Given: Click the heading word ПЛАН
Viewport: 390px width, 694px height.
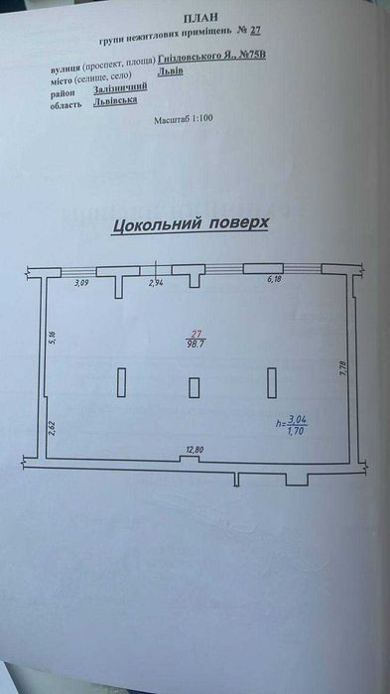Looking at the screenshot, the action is click(202, 18).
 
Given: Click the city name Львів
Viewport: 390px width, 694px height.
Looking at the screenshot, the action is click(171, 71).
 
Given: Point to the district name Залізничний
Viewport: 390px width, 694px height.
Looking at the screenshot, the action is click(120, 87).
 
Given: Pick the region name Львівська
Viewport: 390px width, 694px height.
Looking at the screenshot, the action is click(115, 101).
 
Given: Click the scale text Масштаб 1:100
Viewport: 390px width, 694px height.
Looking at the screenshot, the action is click(184, 119).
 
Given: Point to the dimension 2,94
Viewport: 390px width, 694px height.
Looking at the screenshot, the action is click(157, 284).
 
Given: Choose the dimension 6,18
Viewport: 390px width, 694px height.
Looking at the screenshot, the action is click(275, 280).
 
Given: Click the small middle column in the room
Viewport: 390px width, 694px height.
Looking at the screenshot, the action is click(195, 388).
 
